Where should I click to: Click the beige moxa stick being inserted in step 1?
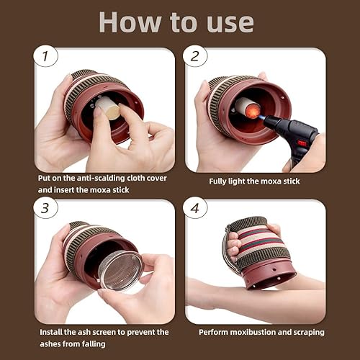pos(108,109)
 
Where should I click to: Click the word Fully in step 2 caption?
pos(220,181)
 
